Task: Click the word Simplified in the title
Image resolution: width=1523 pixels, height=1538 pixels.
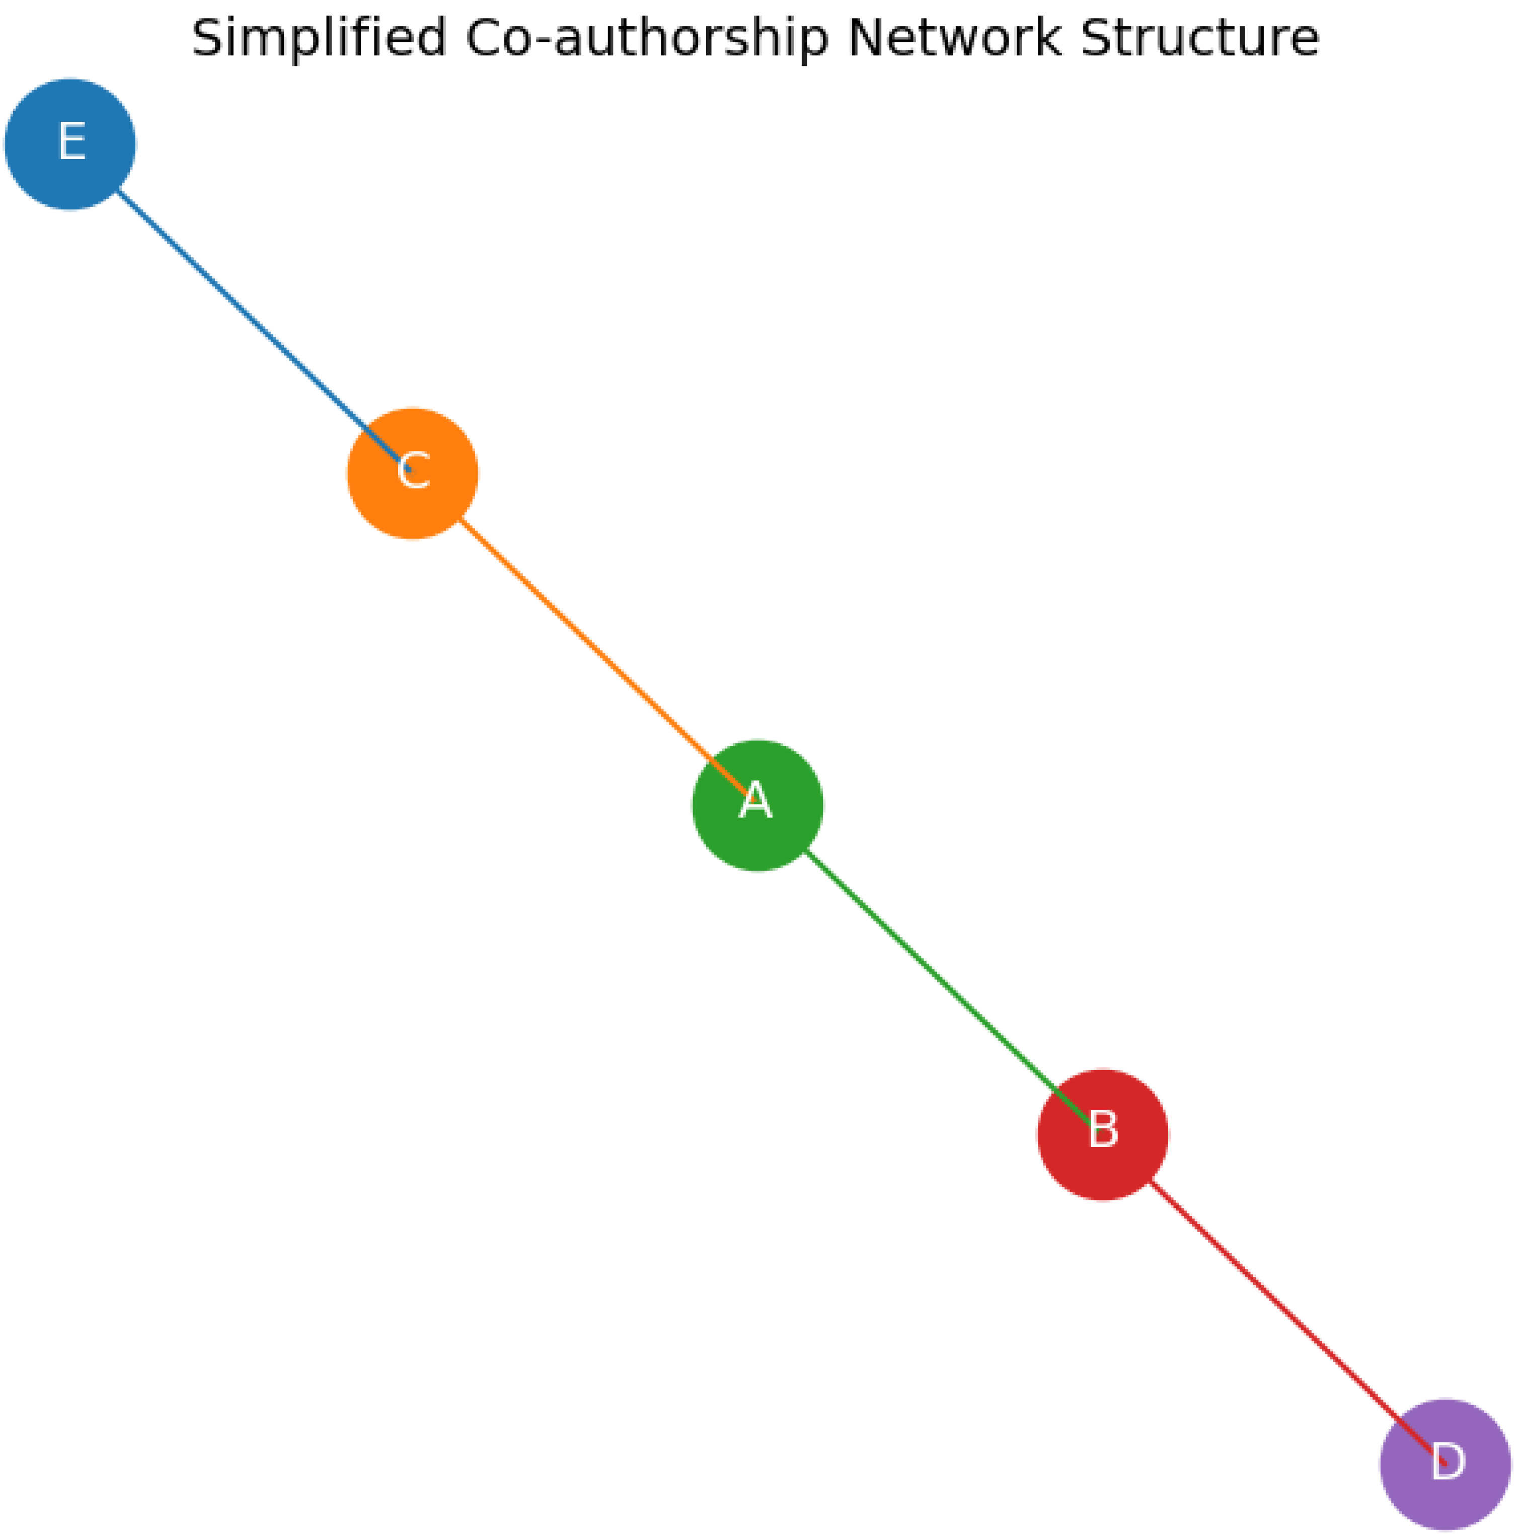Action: point(319,38)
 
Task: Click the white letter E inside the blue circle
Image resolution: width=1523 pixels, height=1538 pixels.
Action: point(71,142)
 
